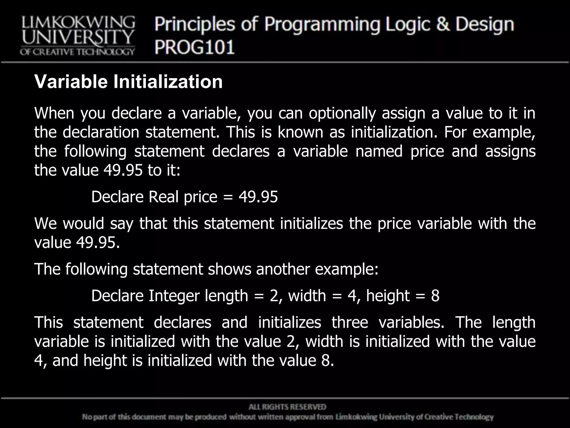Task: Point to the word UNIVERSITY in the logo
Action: (x=78, y=38)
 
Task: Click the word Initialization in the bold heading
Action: (x=168, y=82)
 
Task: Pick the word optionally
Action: (x=342, y=113)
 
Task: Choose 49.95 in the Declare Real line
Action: (x=258, y=197)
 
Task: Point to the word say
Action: (x=122, y=224)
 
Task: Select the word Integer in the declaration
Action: (x=174, y=296)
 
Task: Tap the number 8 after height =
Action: (x=435, y=296)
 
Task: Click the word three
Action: (x=350, y=322)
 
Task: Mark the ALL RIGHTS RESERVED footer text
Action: (x=287, y=407)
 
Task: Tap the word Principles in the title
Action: (x=195, y=25)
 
